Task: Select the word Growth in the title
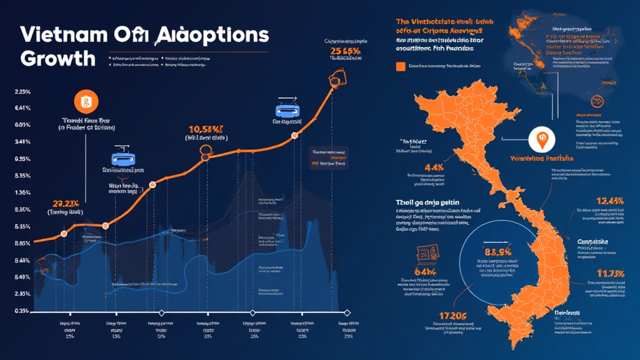(57, 58)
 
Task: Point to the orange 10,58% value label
(206, 130)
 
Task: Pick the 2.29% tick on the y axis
(22, 92)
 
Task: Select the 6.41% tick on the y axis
(22, 108)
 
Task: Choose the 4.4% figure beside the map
(416, 167)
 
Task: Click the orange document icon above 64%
(426, 254)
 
